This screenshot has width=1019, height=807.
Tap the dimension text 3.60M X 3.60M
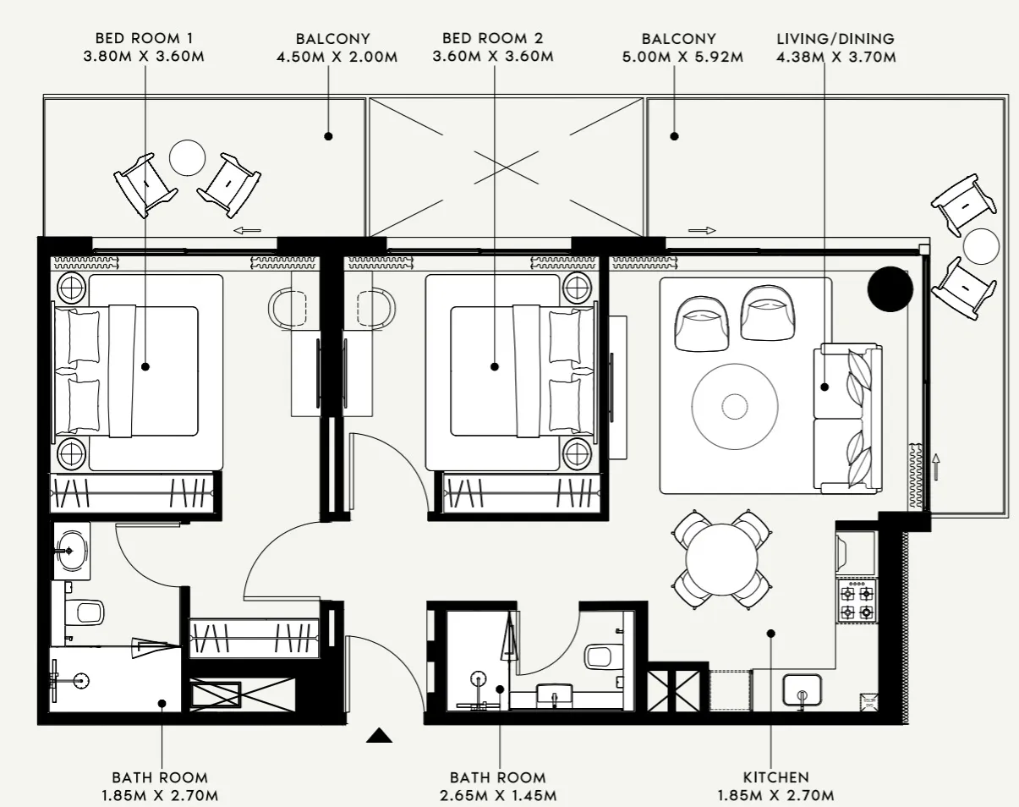[x=493, y=58]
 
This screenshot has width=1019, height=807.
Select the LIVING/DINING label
[x=835, y=39]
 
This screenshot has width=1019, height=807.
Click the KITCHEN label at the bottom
[x=775, y=777]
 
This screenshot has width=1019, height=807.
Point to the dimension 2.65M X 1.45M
[x=497, y=795]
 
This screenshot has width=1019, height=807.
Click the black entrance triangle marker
[x=379, y=736]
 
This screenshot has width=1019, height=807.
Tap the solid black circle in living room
[x=890, y=289]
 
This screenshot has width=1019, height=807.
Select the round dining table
[x=721, y=559]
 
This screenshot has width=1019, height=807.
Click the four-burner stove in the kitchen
[x=856, y=601]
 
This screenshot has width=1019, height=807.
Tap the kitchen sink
[x=802, y=689]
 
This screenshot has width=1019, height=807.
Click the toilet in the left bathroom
[x=85, y=612]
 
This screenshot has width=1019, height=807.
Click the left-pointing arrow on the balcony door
[x=246, y=229]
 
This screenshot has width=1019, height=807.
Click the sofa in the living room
[x=847, y=419]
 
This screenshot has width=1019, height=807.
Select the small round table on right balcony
[x=981, y=247]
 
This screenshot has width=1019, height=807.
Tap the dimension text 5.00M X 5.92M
[x=692, y=58]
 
